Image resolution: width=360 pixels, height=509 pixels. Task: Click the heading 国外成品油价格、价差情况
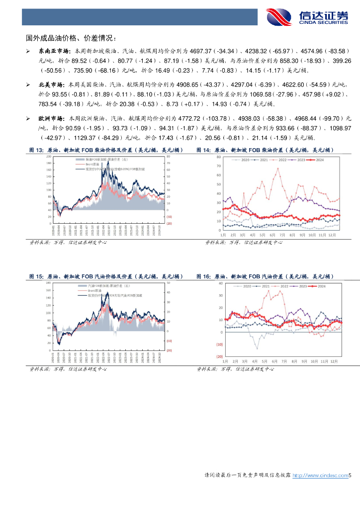[x=72, y=38]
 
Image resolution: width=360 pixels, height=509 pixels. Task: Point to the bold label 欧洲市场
[x=51, y=119]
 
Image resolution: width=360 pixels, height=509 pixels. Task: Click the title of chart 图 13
[x=105, y=150]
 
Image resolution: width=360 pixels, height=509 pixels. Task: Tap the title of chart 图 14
[x=264, y=150]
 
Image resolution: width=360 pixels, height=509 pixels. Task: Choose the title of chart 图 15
[x=105, y=276]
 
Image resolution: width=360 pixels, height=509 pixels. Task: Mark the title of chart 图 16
[x=264, y=276]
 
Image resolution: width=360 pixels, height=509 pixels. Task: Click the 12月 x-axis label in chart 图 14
[x=333, y=235]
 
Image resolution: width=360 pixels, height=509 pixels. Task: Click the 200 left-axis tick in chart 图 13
[x=49, y=157]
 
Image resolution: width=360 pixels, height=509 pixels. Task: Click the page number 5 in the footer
[x=350, y=476]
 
